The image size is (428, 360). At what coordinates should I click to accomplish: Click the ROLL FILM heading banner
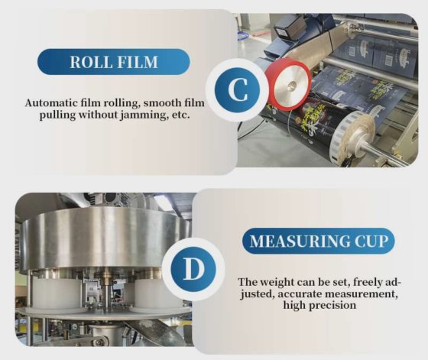114,62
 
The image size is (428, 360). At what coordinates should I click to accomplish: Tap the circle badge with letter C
237,89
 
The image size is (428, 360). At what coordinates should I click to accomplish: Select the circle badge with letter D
193,269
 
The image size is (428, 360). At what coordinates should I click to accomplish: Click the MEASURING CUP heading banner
318,241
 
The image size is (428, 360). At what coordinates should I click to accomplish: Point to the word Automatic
51,103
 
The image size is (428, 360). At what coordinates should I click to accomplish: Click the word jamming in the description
144,115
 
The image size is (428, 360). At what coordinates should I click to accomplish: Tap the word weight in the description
277,282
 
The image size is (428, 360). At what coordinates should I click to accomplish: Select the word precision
332,305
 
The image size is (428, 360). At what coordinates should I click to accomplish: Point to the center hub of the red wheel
291,86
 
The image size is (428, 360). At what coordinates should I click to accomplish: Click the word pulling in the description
57,115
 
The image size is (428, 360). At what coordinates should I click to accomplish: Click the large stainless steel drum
106,239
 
